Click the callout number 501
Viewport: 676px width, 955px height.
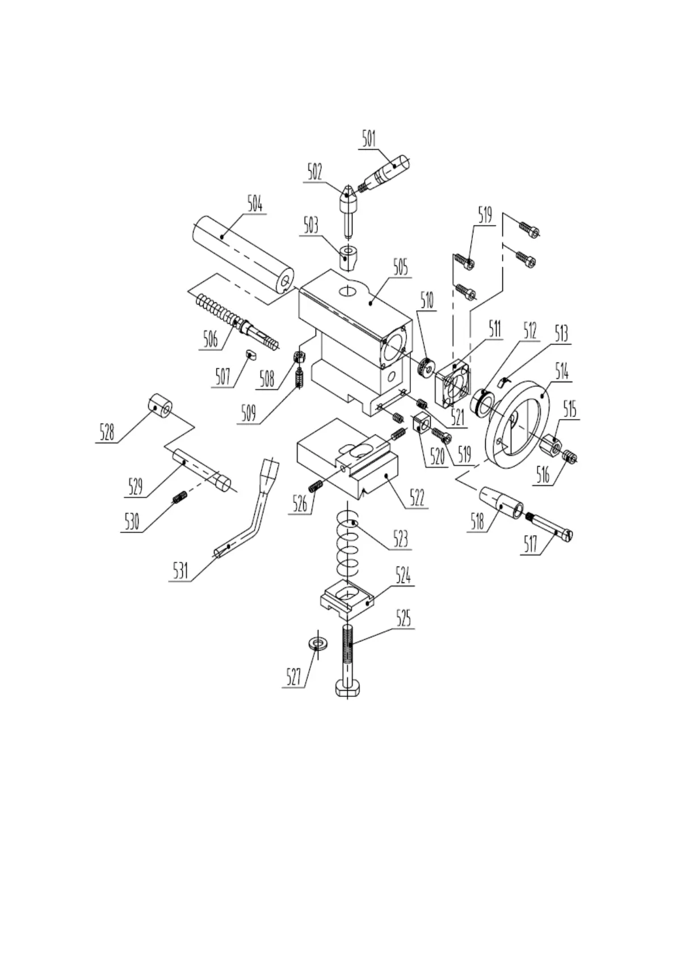pyautogui.click(x=369, y=139)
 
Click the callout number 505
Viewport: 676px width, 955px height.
pyautogui.click(x=400, y=268)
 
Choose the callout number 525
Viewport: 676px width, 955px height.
pyautogui.click(x=403, y=619)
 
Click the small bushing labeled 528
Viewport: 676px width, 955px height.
pyautogui.click(x=160, y=405)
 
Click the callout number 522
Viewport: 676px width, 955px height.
pyautogui.click(x=417, y=497)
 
